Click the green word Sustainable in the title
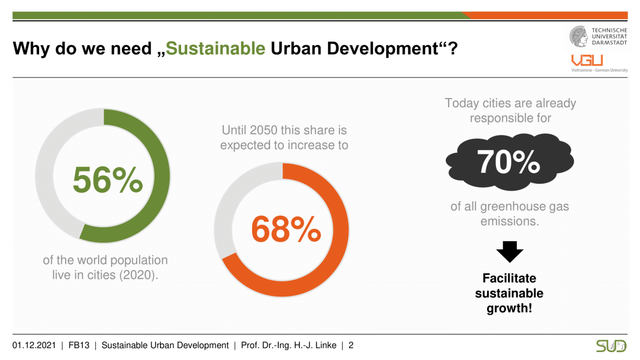click(215, 48)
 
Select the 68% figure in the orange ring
click(286, 229)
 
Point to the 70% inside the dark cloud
click(508, 160)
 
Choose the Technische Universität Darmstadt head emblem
click(579, 36)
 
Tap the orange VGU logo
click(587, 61)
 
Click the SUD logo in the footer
click(611, 346)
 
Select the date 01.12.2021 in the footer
click(35, 345)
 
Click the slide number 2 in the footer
click(351, 345)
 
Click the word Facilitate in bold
click(509, 278)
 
